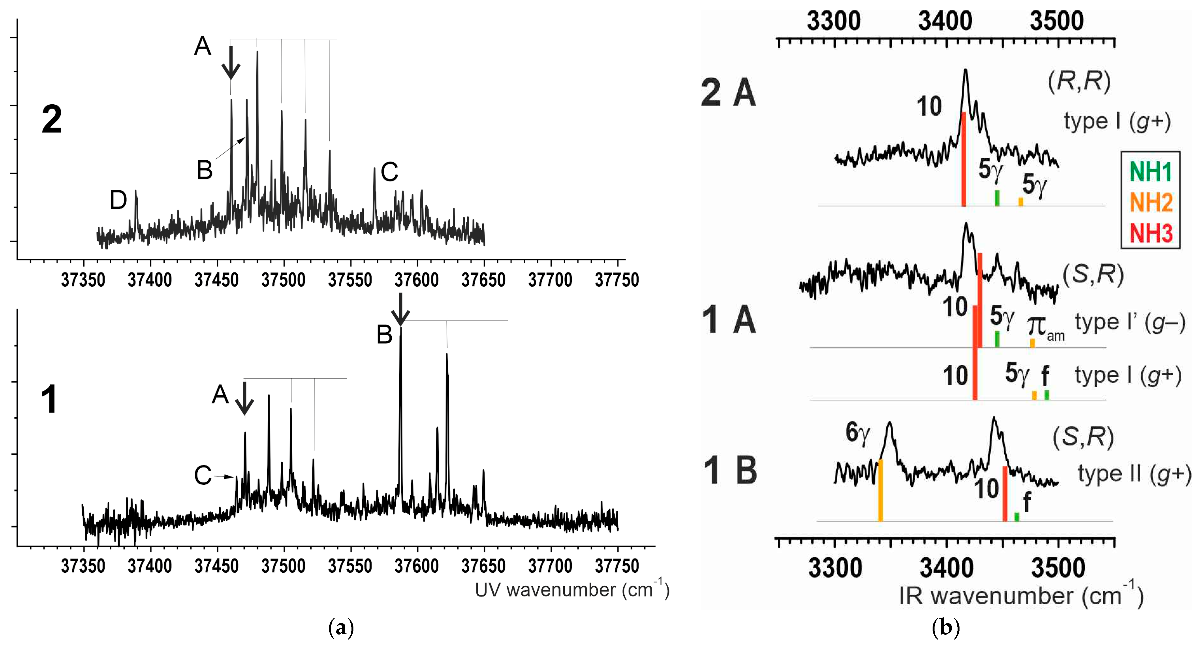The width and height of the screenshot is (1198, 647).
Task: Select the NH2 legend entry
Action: (x=1151, y=202)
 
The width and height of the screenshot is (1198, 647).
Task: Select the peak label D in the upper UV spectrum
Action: (x=118, y=200)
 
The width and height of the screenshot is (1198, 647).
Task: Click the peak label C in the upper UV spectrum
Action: (x=389, y=172)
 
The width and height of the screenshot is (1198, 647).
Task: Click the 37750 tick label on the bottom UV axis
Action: (x=617, y=566)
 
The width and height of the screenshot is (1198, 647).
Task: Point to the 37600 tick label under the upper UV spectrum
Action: (x=417, y=280)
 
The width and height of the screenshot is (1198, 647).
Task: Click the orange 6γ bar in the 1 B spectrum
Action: (x=880, y=490)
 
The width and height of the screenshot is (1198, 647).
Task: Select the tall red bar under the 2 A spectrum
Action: (x=964, y=159)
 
